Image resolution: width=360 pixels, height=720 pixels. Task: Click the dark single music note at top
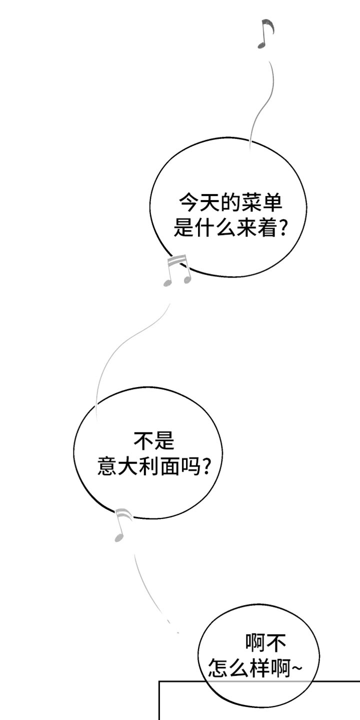[265, 34]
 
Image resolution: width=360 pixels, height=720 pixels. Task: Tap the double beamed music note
[177, 270]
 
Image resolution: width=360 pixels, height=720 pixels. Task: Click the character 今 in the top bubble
[188, 202]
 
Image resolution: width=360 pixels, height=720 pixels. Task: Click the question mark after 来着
[281, 228]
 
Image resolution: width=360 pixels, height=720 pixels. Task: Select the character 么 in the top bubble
[225, 228]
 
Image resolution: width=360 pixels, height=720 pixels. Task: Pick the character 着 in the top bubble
[267, 228]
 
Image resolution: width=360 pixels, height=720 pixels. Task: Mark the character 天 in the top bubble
[209, 202]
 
